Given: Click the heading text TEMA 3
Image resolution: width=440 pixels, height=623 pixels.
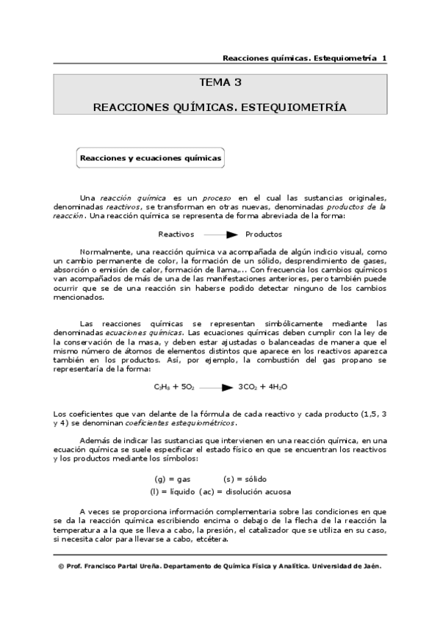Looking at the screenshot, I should (220, 82).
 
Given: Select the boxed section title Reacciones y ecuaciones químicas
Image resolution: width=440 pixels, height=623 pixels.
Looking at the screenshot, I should (151, 158).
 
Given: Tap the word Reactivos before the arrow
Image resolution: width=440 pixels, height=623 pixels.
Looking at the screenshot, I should (176, 234).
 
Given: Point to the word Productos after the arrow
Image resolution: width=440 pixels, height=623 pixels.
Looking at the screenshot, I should (264, 234).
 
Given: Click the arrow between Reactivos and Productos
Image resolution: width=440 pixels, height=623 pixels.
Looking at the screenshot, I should (221, 234).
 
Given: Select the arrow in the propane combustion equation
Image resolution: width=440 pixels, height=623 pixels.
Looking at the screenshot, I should (217, 387).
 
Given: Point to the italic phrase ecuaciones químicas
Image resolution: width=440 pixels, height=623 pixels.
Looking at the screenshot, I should (145, 332).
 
